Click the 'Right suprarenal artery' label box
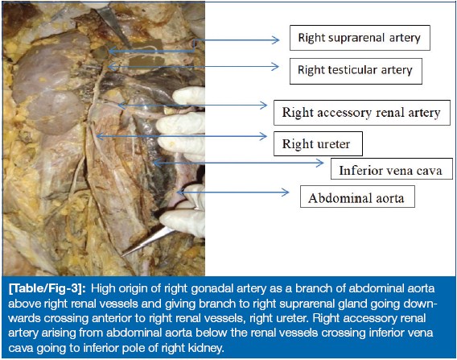[x=360, y=38]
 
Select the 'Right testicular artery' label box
[x=356, y=71]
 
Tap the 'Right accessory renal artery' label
[x=362, y=113]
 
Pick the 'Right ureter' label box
[x=318, y=143]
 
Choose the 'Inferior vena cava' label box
[x=392, y=169]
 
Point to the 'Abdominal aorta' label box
[x=357, y=197]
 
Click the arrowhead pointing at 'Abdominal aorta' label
[x=285, y=192]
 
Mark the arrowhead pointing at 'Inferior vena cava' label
[x=320, y=163]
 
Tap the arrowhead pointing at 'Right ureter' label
[x=263, y=136]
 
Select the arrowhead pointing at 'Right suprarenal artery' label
[x=275, y=40]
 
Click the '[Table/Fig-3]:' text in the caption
[x=47, y=288]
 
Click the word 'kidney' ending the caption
[x=208, y=348]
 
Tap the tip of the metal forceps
[x=122, y=255]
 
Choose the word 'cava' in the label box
[x=430, y=170]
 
